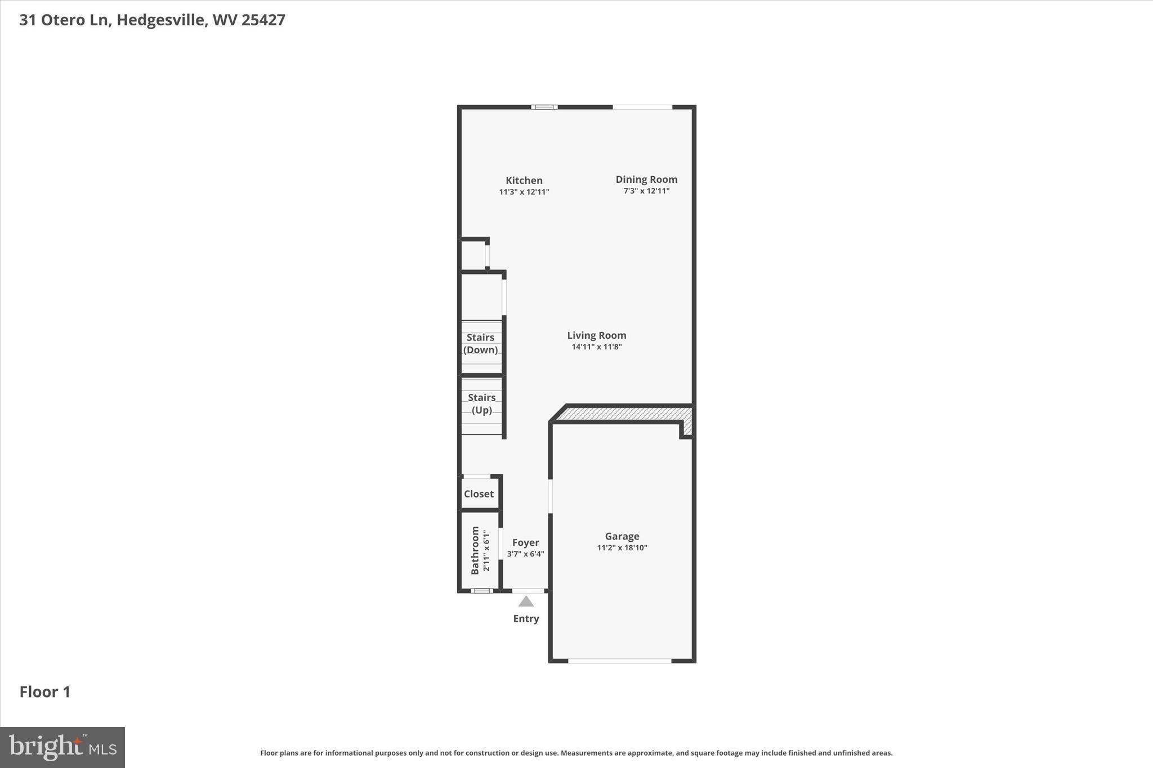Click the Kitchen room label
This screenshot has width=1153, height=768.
[x=524, y=181]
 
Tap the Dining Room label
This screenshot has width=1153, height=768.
[x=646, y=179]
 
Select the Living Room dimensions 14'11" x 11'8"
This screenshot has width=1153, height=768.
[x=596, y=347]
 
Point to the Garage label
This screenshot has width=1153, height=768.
[x=622, y=536]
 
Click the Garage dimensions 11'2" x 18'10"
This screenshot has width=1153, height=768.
[x=622, y=548]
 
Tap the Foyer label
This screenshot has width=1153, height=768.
[x=525, y=542]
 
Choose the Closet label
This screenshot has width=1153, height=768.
[x=479, y=494]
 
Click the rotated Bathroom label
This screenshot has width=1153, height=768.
[x=475, y=550]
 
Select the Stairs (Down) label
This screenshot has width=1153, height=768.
[x=480, y=344]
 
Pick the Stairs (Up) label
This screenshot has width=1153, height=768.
[x=481, y=404]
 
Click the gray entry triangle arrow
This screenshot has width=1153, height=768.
[x=526, y=601]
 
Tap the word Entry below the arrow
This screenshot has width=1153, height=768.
[x=526, y=619]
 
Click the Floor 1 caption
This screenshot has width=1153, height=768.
[x=45, y=692]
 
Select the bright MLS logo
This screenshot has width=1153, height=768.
[x=62, y=747]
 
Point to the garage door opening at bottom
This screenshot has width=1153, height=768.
[x=619, y=661]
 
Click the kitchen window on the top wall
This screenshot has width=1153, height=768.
[x=544, y=107]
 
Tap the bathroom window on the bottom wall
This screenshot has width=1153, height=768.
[x=481, y=591]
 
